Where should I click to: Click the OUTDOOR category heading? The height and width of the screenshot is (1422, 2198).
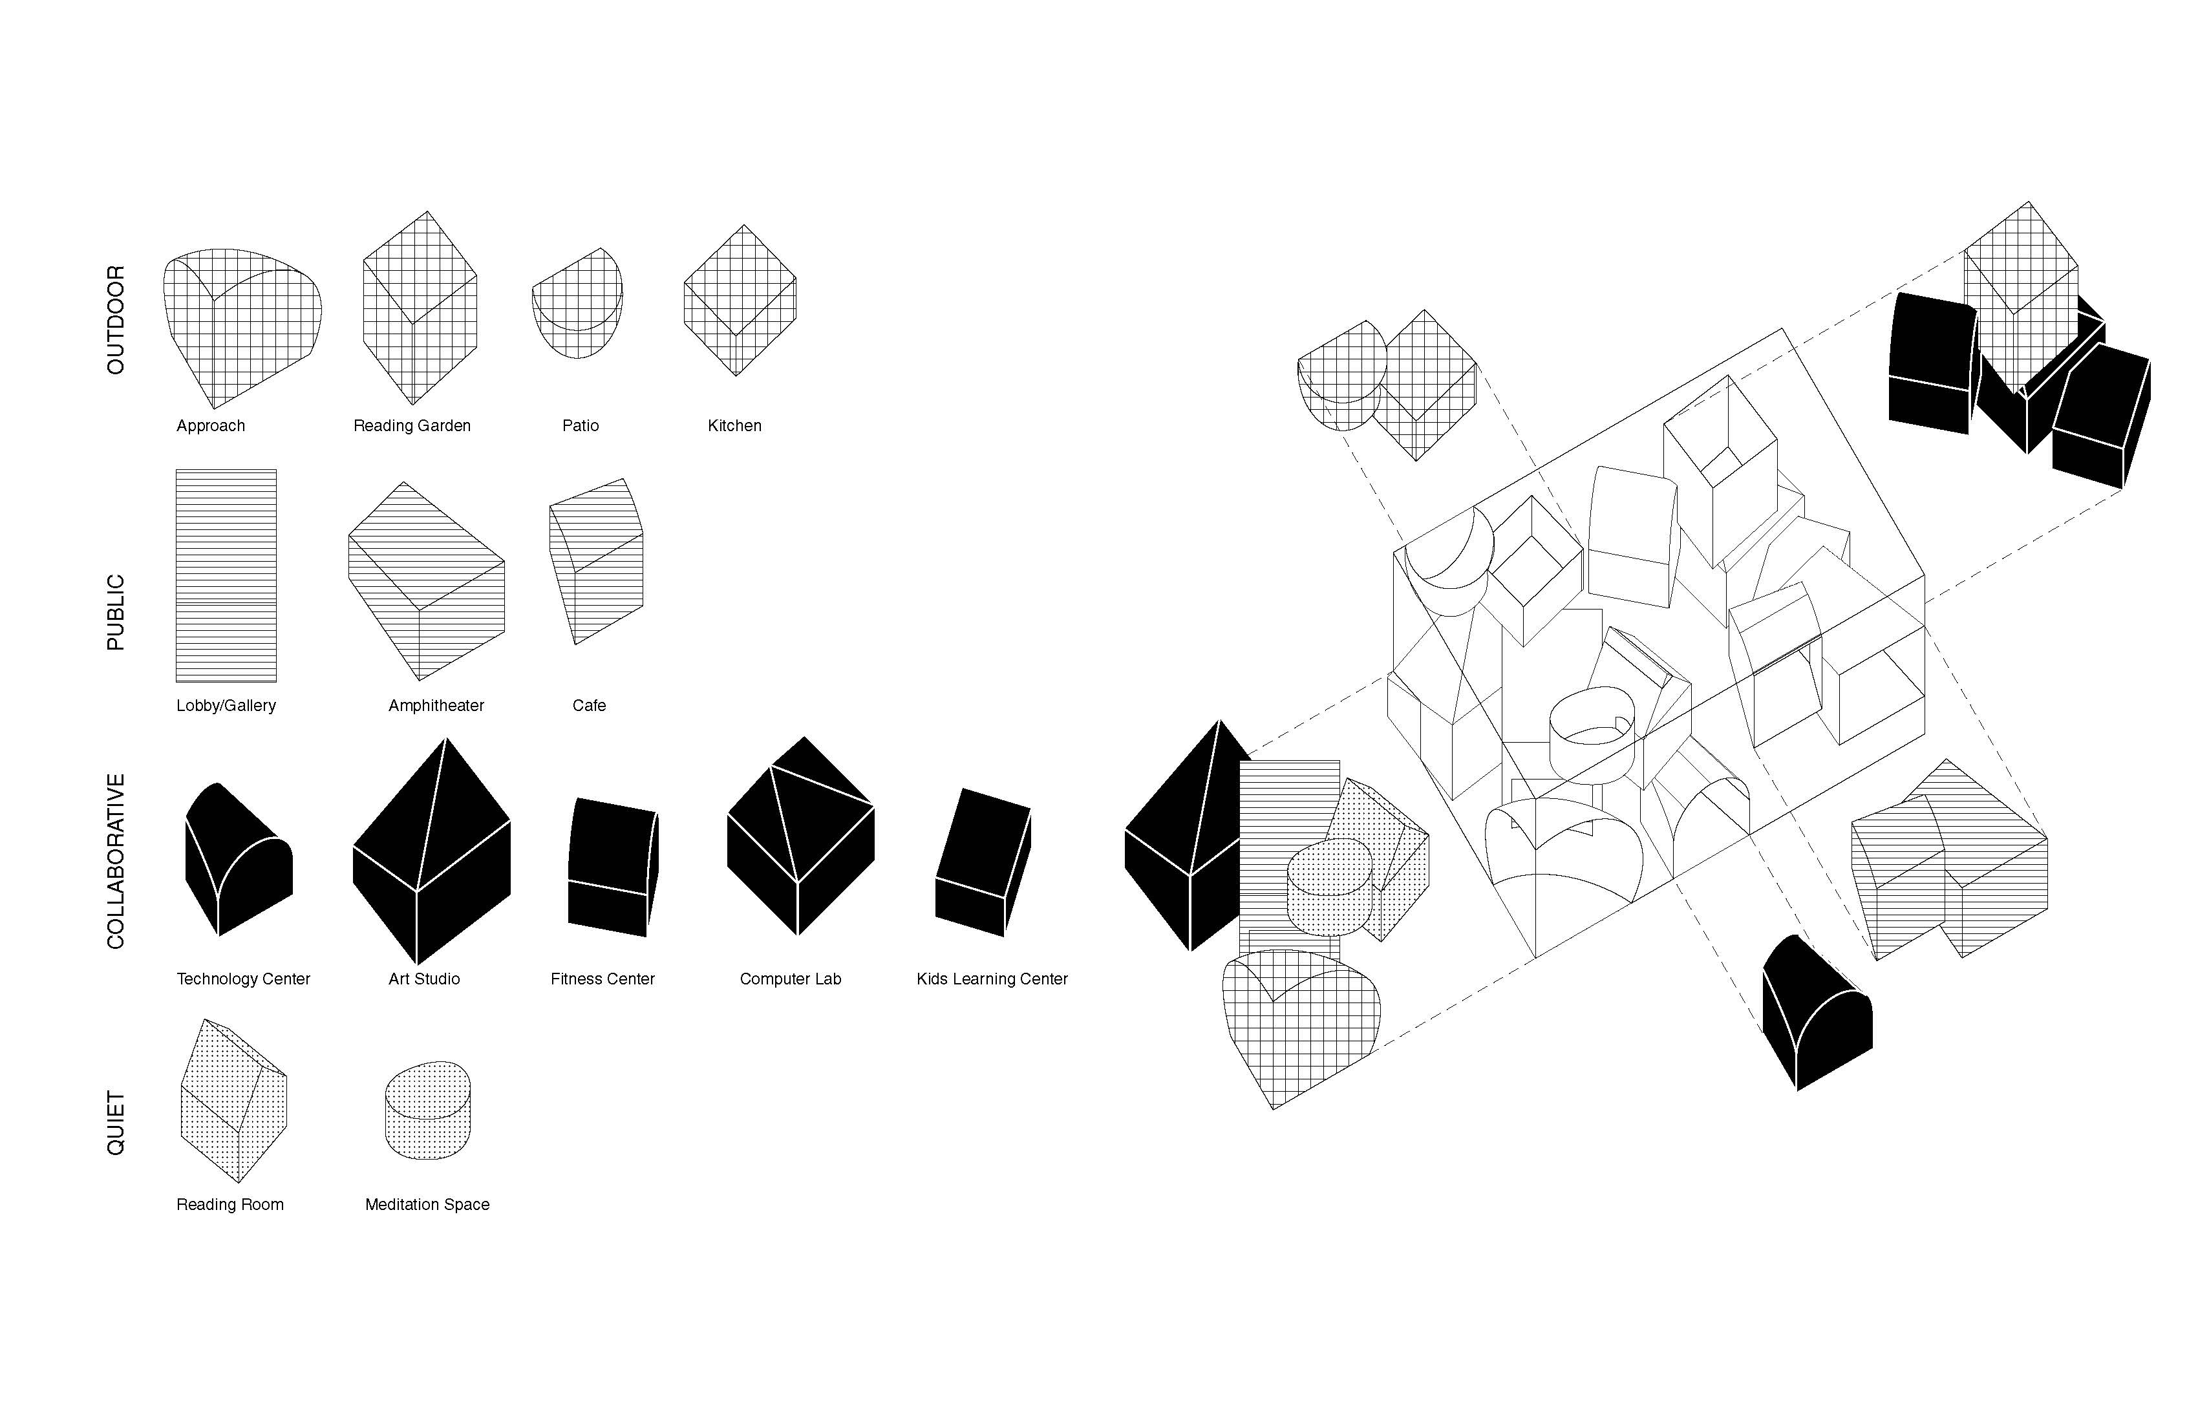116,319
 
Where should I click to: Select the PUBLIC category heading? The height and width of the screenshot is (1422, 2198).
116,612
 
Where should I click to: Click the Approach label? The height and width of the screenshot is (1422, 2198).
211,426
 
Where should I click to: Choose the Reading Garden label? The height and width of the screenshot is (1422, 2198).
412,426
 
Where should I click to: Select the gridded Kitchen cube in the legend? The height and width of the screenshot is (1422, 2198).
740,300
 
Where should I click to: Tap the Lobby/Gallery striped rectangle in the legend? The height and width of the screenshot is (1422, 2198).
226,575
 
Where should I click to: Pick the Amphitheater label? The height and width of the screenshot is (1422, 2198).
436,705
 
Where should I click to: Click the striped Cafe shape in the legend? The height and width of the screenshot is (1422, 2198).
595,560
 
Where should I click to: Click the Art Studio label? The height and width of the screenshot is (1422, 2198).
424,979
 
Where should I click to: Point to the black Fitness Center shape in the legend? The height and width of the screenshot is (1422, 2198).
612,867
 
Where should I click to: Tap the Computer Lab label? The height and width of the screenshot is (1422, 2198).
791,979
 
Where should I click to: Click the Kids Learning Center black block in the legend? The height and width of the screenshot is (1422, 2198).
983,862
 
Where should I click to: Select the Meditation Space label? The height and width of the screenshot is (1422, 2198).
427,1204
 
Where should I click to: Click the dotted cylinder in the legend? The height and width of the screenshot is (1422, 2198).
427,1110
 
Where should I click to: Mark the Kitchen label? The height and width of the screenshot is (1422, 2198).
735,426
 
